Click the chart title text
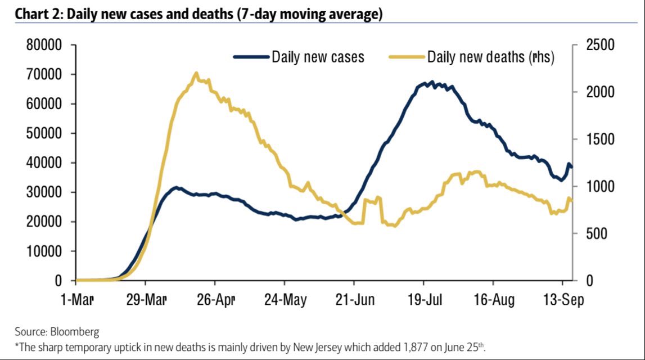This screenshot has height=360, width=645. (199, 15)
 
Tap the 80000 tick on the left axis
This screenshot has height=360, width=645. (44, 45)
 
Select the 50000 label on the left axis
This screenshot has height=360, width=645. (44, 133)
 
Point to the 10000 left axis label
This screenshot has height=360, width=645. (44, 251)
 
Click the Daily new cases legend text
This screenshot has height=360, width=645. (318, 57)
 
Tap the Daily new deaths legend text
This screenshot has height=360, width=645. (491, 57)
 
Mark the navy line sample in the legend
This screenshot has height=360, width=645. (251, 57)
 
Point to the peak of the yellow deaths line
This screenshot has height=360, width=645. (196, 73)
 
